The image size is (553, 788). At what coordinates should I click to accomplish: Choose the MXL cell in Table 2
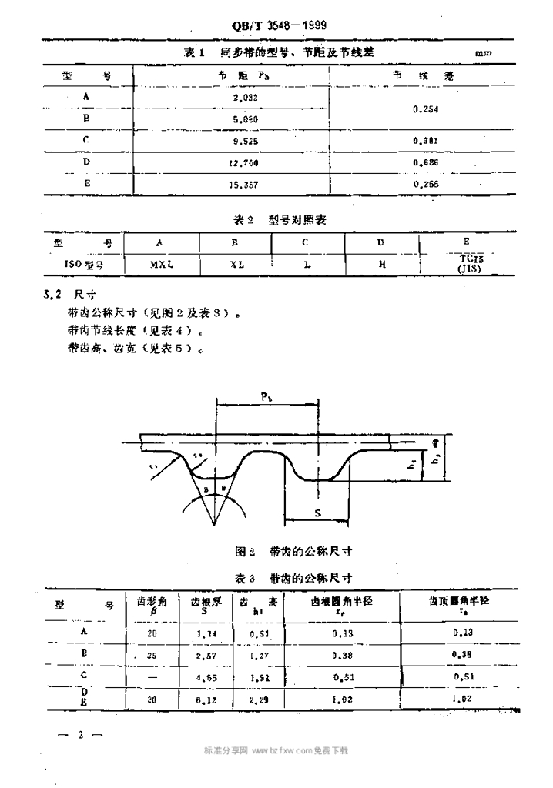[160, 263]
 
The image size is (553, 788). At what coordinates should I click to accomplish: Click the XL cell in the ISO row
[236, 263]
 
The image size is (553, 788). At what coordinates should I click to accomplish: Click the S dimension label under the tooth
[317, 511]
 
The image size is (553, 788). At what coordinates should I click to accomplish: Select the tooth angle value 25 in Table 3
[151, 654]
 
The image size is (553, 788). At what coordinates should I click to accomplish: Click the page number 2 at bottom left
[79, 735]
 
